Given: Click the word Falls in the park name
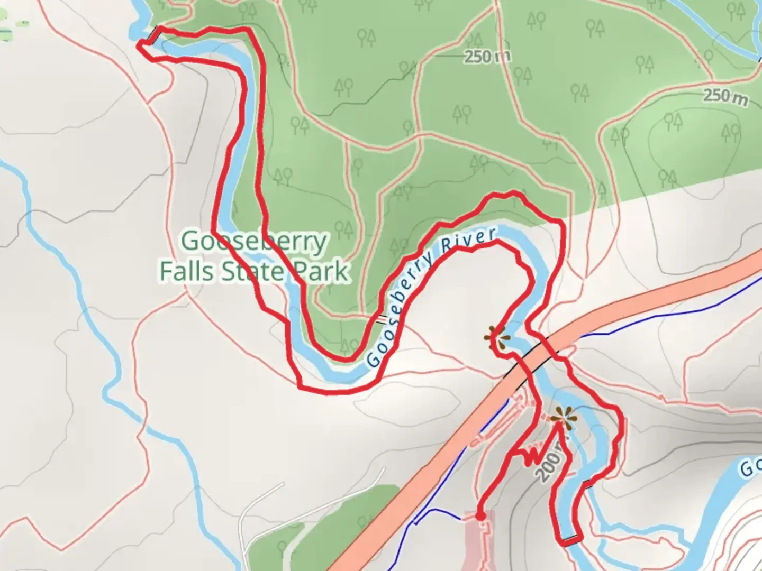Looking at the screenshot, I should [x=186, y=271].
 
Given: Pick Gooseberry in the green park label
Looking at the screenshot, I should [x=254, y=242].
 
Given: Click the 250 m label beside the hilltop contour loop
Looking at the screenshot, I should [x=725, y=96].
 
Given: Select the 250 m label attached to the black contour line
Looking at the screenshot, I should [x=486, y=57].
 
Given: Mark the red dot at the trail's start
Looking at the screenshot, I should [x=480, y=515].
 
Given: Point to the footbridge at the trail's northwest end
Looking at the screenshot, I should [x=153, y=34].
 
